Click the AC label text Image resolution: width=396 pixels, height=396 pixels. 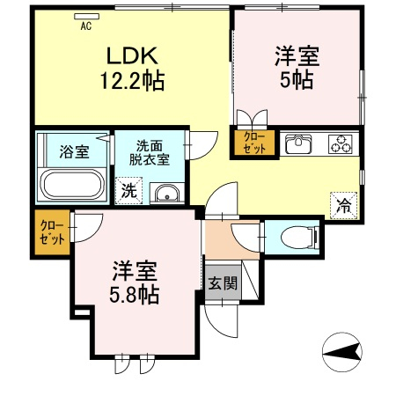86,26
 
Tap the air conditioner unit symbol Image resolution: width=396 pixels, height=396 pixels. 86,17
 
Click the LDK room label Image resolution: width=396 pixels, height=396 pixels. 132,55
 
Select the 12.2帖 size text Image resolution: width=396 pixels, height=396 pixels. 132,81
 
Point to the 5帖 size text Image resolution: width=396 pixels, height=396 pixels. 297,80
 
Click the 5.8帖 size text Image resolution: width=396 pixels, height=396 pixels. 135,295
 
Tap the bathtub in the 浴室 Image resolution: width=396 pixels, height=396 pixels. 72,185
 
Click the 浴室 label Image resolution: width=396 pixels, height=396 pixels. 75,152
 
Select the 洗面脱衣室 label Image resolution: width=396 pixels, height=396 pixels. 150,152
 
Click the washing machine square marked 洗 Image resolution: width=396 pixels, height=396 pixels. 128,191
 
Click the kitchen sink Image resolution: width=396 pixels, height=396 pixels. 298,144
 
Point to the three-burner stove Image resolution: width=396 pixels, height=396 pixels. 341,143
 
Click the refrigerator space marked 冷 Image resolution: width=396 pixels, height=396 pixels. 344,206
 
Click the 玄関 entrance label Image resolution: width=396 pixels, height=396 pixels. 223,283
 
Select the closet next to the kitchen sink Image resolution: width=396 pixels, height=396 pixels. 254,143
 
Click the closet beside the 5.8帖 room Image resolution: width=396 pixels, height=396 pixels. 52,232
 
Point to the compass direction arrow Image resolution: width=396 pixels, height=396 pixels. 342,352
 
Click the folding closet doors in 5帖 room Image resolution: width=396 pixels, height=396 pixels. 253,119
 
